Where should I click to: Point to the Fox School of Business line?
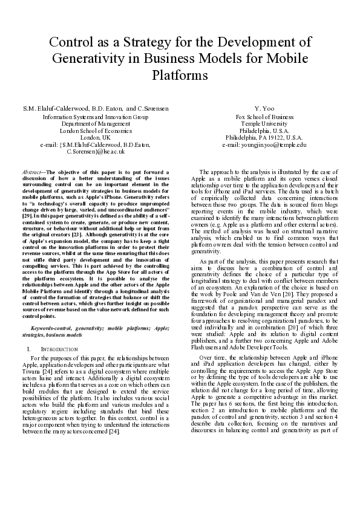pyautogui.click(x=265, y=117)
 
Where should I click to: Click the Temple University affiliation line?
pyautogui.click(x=265, y=124)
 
